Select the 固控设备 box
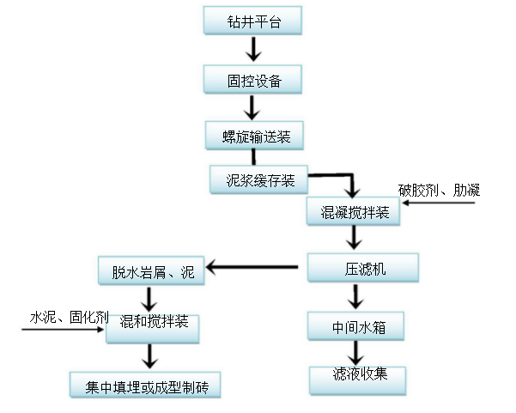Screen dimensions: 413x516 [253, 82]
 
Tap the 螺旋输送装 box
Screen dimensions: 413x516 [253, 136]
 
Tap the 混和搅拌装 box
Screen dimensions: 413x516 [153, 327]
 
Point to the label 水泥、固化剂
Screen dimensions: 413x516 [70, 318]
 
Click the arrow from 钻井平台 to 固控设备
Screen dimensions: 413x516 [252, 52]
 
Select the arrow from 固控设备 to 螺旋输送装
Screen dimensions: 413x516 [252, 108]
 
